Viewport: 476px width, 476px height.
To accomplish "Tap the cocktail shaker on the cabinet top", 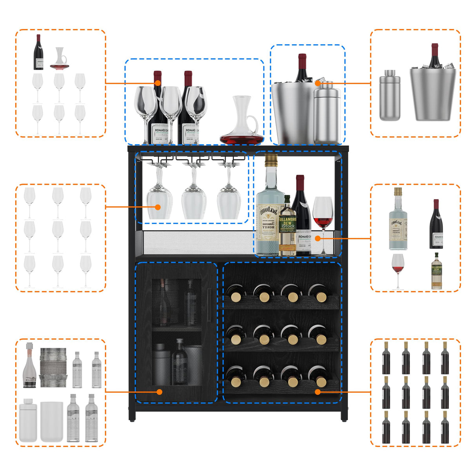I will [327, 114].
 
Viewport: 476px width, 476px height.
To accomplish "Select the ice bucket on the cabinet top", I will [292, 112].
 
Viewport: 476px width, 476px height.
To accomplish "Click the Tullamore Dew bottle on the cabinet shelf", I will [287, 227].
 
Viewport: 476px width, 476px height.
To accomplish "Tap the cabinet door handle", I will [209, 300].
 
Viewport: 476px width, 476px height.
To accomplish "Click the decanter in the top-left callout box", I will [59, 59].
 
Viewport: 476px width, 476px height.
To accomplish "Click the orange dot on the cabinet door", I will [160, 392].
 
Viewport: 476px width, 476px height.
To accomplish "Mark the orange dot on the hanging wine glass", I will [158, 207].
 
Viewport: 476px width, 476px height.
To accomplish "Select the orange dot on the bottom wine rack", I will [318, 392].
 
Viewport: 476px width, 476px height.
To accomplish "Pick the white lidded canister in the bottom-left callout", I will [28, 420].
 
